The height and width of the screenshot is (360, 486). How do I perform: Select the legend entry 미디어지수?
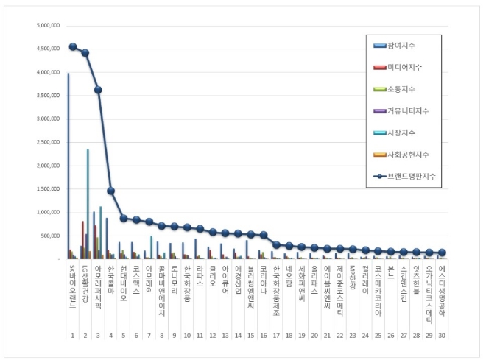click(414, 68)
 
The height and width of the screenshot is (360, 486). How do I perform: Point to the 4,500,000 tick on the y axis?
click(45, 49)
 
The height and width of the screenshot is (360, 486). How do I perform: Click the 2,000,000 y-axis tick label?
click(45, 166)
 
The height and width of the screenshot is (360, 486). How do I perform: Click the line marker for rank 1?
click(73, 46)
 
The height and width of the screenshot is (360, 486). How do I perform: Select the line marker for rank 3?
click(98, 90)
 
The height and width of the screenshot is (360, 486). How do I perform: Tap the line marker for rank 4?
click(110, 191)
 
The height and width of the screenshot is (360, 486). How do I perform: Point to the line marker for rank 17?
click(275, 244)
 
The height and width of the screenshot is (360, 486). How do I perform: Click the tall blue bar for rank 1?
click(68, 166)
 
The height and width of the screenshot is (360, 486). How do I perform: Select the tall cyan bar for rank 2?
click(88, 202)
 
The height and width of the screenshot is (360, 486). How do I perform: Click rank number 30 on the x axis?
click(441, 336)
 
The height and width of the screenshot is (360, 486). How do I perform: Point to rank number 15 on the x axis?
click(250, 336)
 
